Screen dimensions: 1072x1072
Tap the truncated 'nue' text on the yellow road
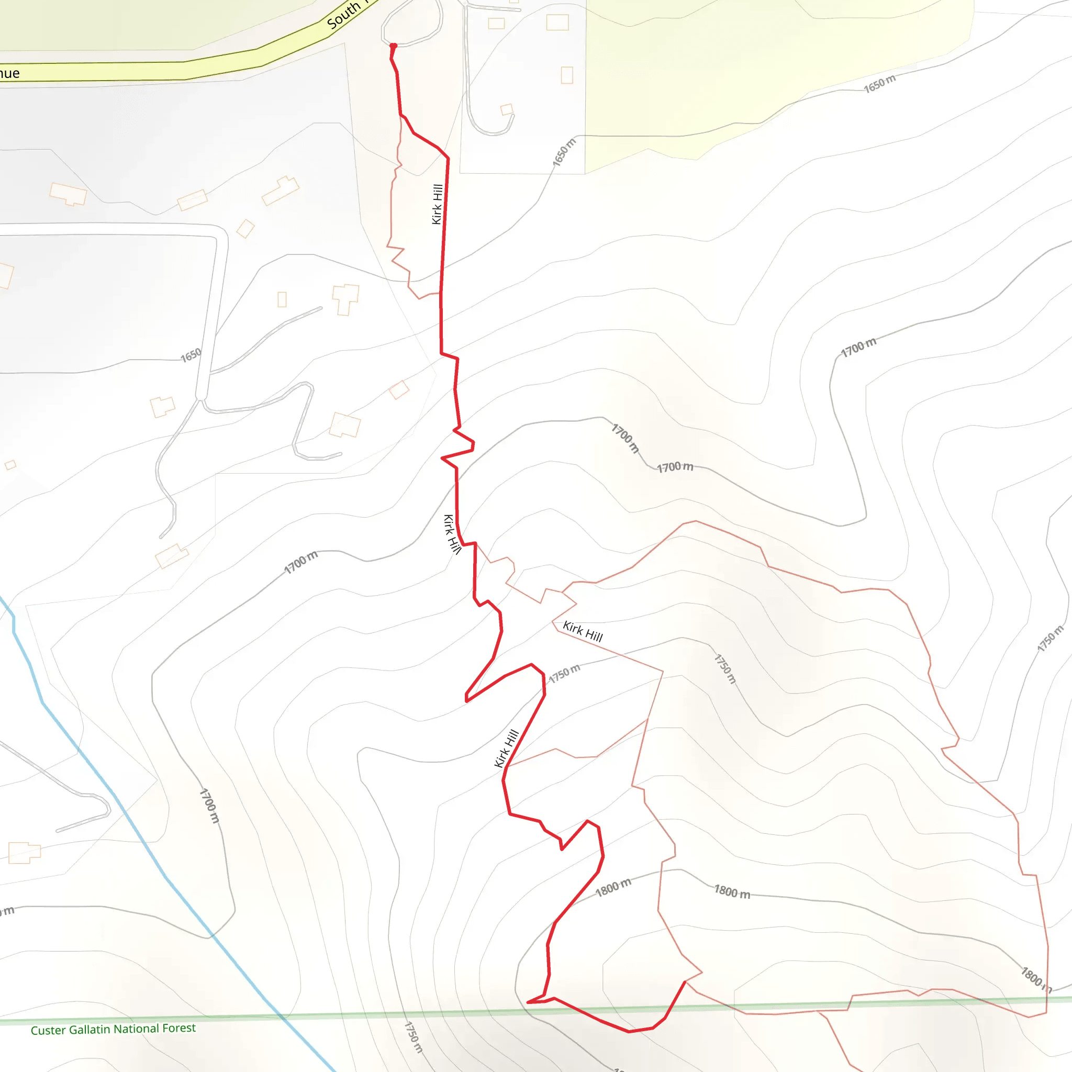(x=9, y=73)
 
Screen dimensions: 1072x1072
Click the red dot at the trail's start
(x=394, y=46)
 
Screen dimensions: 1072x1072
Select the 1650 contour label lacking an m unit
(x=191, y=355)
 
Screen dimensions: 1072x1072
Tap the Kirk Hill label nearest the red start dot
(x=437, y=204)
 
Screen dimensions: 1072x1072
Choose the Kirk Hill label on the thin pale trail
(x=583, y=631)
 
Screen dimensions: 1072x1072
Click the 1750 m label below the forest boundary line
(x=414, y=1037)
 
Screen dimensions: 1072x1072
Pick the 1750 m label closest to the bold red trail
(x=564, y=674)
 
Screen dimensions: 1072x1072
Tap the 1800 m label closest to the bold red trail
(x=613, y=887)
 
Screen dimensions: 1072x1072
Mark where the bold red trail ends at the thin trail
(x=685, y=981)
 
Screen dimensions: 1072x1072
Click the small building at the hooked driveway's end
(x=507, y=109)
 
